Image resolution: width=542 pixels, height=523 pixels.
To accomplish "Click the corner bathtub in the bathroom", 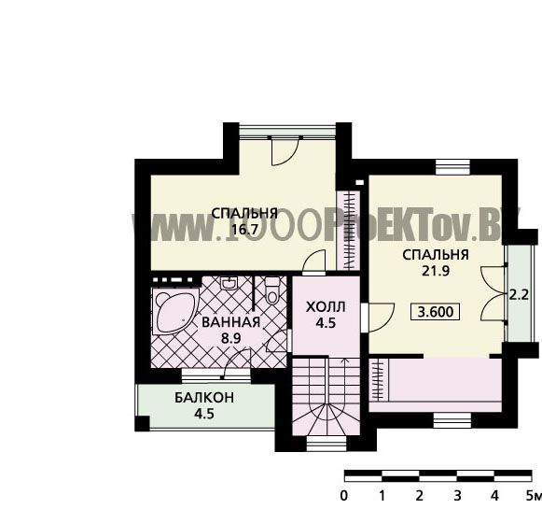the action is coord(174,312).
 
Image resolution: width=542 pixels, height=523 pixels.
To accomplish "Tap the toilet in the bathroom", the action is coord(271,290).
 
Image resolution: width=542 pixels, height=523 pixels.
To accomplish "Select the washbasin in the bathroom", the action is coord(229,283).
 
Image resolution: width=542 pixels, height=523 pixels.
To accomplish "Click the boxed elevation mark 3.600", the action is coord(436,312).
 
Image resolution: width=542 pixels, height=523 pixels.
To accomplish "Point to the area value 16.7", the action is coord(244,229).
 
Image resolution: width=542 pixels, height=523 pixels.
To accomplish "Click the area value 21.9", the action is coord(436,271).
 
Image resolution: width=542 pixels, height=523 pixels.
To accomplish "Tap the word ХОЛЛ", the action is coord(326,307).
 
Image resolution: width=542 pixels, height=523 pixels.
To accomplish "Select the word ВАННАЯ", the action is coord(231,322).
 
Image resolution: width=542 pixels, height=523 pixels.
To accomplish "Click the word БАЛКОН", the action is coord(204,398).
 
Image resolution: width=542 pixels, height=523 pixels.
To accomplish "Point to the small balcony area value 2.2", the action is coord(520,295).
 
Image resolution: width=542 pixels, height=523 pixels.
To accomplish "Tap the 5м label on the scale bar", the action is coord(533,496).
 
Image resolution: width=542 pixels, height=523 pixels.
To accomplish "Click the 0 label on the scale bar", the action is coord(343,496).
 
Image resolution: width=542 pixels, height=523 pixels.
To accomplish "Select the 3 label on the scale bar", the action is coord(457,496).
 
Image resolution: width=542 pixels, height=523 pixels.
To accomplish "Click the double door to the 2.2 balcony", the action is coord(493,293).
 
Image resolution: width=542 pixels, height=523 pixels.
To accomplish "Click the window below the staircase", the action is coord(327,444).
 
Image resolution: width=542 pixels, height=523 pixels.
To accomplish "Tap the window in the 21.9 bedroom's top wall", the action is coord(452,167).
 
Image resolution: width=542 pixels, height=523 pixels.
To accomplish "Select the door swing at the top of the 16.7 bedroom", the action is coord(285,151).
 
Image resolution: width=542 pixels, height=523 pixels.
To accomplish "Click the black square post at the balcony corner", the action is coord(142,423).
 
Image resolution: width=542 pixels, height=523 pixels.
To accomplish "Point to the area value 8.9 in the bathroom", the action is coord(231,338).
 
